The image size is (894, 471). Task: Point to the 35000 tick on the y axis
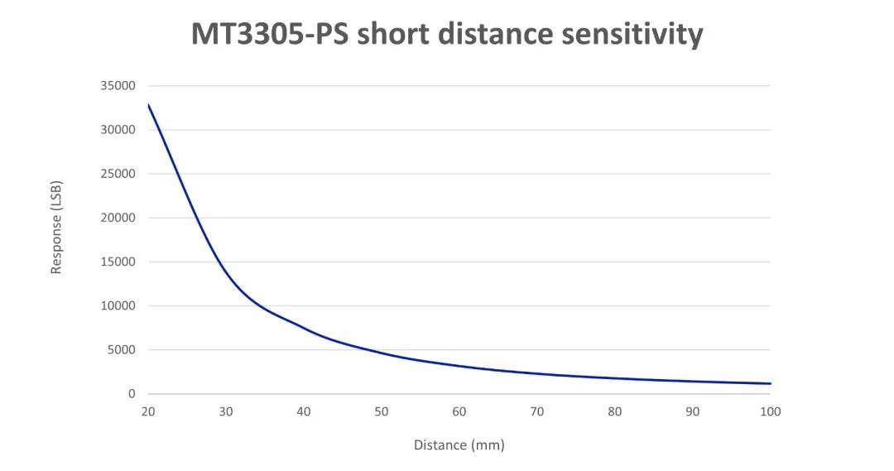click(119, 86)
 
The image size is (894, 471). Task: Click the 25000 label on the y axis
click(119, 174)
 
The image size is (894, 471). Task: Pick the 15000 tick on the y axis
click(119, 262)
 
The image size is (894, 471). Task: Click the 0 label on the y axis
click(132, 394)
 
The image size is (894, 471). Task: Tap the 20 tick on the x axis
click(148, 411)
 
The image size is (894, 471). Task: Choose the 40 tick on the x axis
click(304, 411)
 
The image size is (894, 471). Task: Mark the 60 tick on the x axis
click(459, 411)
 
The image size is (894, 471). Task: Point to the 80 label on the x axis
click(615, 411)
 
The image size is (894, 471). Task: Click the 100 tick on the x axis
click(771, 411)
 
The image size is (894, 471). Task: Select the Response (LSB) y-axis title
click(57, 227)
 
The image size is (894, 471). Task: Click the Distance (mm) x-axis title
click(459, 445)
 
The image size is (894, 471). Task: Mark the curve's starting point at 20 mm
click(149, 105)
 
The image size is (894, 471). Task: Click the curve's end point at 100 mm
click(770, 383)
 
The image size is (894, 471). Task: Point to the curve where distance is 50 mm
click(382, 353)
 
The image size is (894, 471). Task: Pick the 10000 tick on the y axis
click(119, 306)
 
